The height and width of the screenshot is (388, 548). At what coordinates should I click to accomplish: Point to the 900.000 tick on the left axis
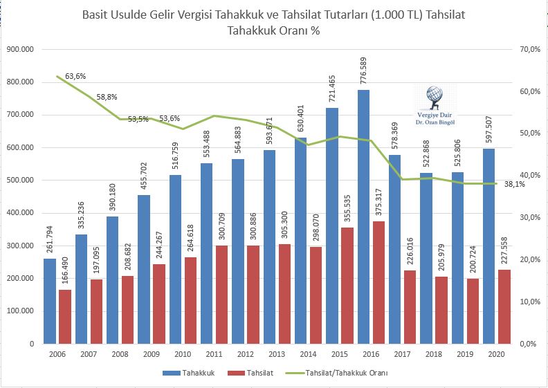coord(20,49)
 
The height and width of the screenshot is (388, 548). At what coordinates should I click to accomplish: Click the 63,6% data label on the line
coord(75,75)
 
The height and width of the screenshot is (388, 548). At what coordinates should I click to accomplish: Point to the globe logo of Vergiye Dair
coord(435,95)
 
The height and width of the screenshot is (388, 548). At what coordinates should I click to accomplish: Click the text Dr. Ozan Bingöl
coord(435,122)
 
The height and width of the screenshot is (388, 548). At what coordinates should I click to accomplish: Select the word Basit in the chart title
coord(97,15)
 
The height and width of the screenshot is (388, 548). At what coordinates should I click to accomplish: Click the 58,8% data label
coord(107,98)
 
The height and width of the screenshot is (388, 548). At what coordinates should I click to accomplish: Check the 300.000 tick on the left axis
coord(20,246)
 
